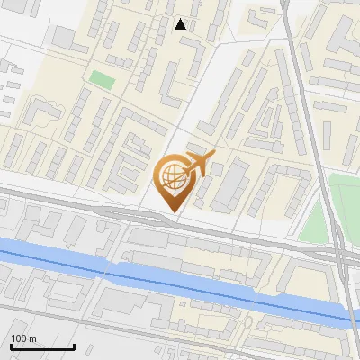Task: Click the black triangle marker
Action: (181, 24)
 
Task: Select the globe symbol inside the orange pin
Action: (172, 177)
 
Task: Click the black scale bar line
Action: (41, 346)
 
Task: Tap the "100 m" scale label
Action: (23, 338)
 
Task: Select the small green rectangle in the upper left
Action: (103, 79)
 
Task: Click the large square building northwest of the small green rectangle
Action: (63, 38)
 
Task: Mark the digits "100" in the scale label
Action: (19, 338)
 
